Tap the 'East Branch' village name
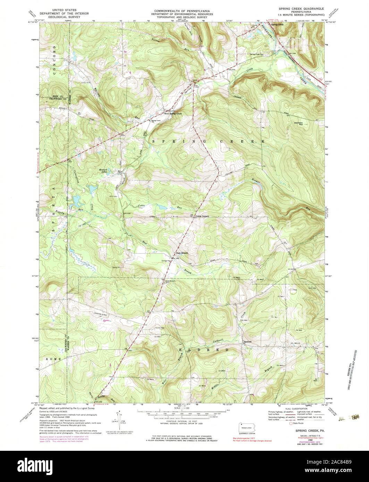click(182, 253)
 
